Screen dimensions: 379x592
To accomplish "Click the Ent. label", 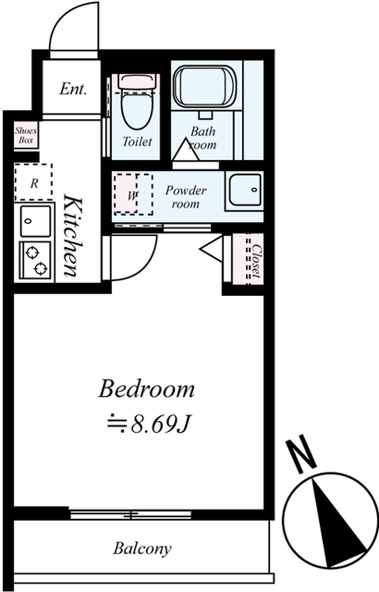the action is point(73,89).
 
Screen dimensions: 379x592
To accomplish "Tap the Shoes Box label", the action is point(26,136).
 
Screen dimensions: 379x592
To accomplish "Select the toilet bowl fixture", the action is point(137,101).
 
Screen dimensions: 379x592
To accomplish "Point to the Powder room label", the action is point(186,197).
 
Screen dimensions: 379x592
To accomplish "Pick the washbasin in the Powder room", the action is point(245,190).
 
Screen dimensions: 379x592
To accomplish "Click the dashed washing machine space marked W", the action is point(133,194).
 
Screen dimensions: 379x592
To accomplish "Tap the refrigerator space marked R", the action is point(33,182).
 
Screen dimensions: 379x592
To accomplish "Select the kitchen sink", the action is point(35,221).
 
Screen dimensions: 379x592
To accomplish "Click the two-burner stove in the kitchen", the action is point(35,261).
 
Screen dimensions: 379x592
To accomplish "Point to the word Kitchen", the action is point(72,235).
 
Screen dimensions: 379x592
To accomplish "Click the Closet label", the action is point(256,261).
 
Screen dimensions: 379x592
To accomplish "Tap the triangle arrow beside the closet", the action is point(211,248).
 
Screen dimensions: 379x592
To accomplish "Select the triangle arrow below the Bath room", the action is point(185,150).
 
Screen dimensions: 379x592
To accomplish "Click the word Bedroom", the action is point(146,388).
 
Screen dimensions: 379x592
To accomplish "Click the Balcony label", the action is point(142,549).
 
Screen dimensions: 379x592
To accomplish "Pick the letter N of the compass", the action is point(301,456).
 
